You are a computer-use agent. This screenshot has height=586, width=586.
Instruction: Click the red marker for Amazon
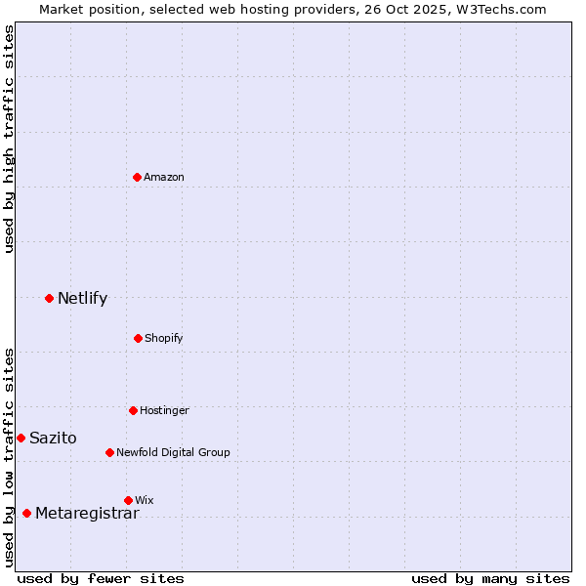(x=138, y=177)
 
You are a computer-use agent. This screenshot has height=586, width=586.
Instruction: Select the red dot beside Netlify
(x=49, y=298)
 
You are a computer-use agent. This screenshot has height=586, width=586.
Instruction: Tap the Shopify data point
(x=138, y=338)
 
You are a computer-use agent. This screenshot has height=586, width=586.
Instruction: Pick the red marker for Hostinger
(x=133, y=410)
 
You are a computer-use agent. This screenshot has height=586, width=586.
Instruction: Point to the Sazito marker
(x=21, y=438)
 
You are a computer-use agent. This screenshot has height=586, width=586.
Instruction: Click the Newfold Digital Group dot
(x=109, y=452)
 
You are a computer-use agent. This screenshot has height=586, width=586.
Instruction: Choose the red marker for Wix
(x=128, y=500)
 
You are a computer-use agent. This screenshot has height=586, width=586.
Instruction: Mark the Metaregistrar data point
(x=26, y=513)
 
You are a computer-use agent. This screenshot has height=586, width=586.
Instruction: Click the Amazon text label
(x=164, y=177)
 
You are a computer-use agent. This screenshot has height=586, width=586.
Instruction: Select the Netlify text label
(x=82, y=298)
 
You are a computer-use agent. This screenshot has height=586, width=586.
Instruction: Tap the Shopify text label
(x=164, y=338)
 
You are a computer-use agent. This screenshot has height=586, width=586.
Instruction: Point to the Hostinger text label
(x=164, y=410)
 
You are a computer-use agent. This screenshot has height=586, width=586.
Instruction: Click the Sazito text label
(x=53, y=438)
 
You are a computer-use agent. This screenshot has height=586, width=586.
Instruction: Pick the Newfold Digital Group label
(x=173, y=452)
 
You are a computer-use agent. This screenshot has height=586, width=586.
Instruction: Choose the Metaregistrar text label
(x=87, y=513)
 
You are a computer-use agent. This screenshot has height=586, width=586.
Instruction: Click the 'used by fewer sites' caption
(x=101, y=578)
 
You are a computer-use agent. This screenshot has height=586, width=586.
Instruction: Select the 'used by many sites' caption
(x=490, y=578)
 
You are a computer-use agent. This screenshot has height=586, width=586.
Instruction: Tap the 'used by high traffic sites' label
(x=9, y=140)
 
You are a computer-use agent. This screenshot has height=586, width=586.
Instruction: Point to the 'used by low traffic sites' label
(x=9, y=457)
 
